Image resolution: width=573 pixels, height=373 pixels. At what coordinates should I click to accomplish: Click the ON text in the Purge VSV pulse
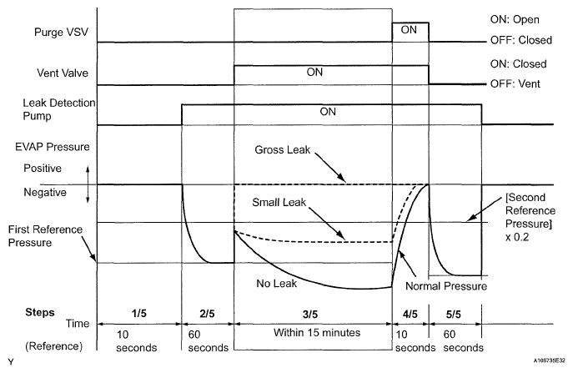(409, 29)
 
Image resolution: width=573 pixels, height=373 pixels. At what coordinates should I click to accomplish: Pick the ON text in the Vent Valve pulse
(314, 72)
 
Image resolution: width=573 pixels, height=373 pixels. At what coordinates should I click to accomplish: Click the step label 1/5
(140, 312)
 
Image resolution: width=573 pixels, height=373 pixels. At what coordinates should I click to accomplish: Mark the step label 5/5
(455, 312)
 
